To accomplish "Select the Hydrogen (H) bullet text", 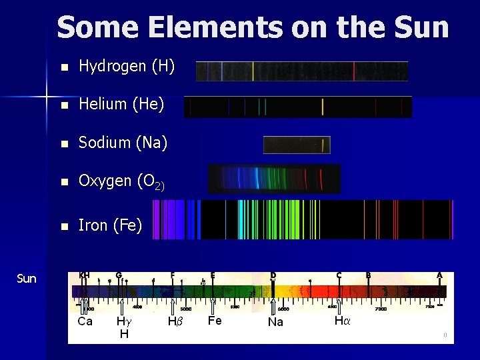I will point(127,66).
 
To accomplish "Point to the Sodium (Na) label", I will point(123,143).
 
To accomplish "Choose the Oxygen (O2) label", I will point(121,181).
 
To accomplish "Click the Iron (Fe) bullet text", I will point(110,225).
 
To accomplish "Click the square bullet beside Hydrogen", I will point(63,67).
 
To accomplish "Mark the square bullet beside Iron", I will point(63,226).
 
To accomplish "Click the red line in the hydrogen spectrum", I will point(354,71).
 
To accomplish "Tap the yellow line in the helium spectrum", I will point(323,107).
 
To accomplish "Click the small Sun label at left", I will point(26,278).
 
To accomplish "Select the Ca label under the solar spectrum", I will point(85,321).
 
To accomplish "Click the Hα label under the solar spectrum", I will point(342,321).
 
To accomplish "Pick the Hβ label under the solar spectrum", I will point(175,321).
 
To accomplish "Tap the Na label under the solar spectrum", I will point(275,322).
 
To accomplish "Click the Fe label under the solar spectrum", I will point(215,321).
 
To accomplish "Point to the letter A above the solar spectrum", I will point(439,275).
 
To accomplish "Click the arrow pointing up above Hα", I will point(339,305).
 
